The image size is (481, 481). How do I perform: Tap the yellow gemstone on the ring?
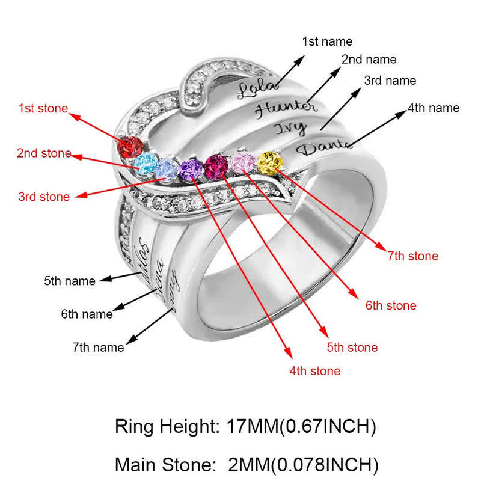pyautogui.click(x=269, y=162)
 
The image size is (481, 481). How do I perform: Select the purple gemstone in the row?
pyautogui.click(x=191, y=169)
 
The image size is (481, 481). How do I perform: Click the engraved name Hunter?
pyautogui.click(x=286, y=108)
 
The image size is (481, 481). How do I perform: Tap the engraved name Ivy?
pyautogui.click(x=291, y=128)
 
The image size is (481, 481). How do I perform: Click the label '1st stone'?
pyautogui.click(x=43, y=109)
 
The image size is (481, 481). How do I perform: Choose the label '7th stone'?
pyautogui.click(x=412, y=256)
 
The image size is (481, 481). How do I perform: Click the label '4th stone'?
pyautogui.click(x=314, y=371)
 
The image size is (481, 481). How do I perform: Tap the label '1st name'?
pyautogui.click(x=327, y=41)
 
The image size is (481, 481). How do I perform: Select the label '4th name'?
pyautogui.click(x=434, y=108)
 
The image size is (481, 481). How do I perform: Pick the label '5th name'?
pyautogui.click(x=70, y=281)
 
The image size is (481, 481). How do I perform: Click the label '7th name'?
pyautogui.click(x=98, y=347)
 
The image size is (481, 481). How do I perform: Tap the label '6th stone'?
pyautogui.click(x=391, y=305)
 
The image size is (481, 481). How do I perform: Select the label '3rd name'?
pyautogui.click(x=390, y=81)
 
